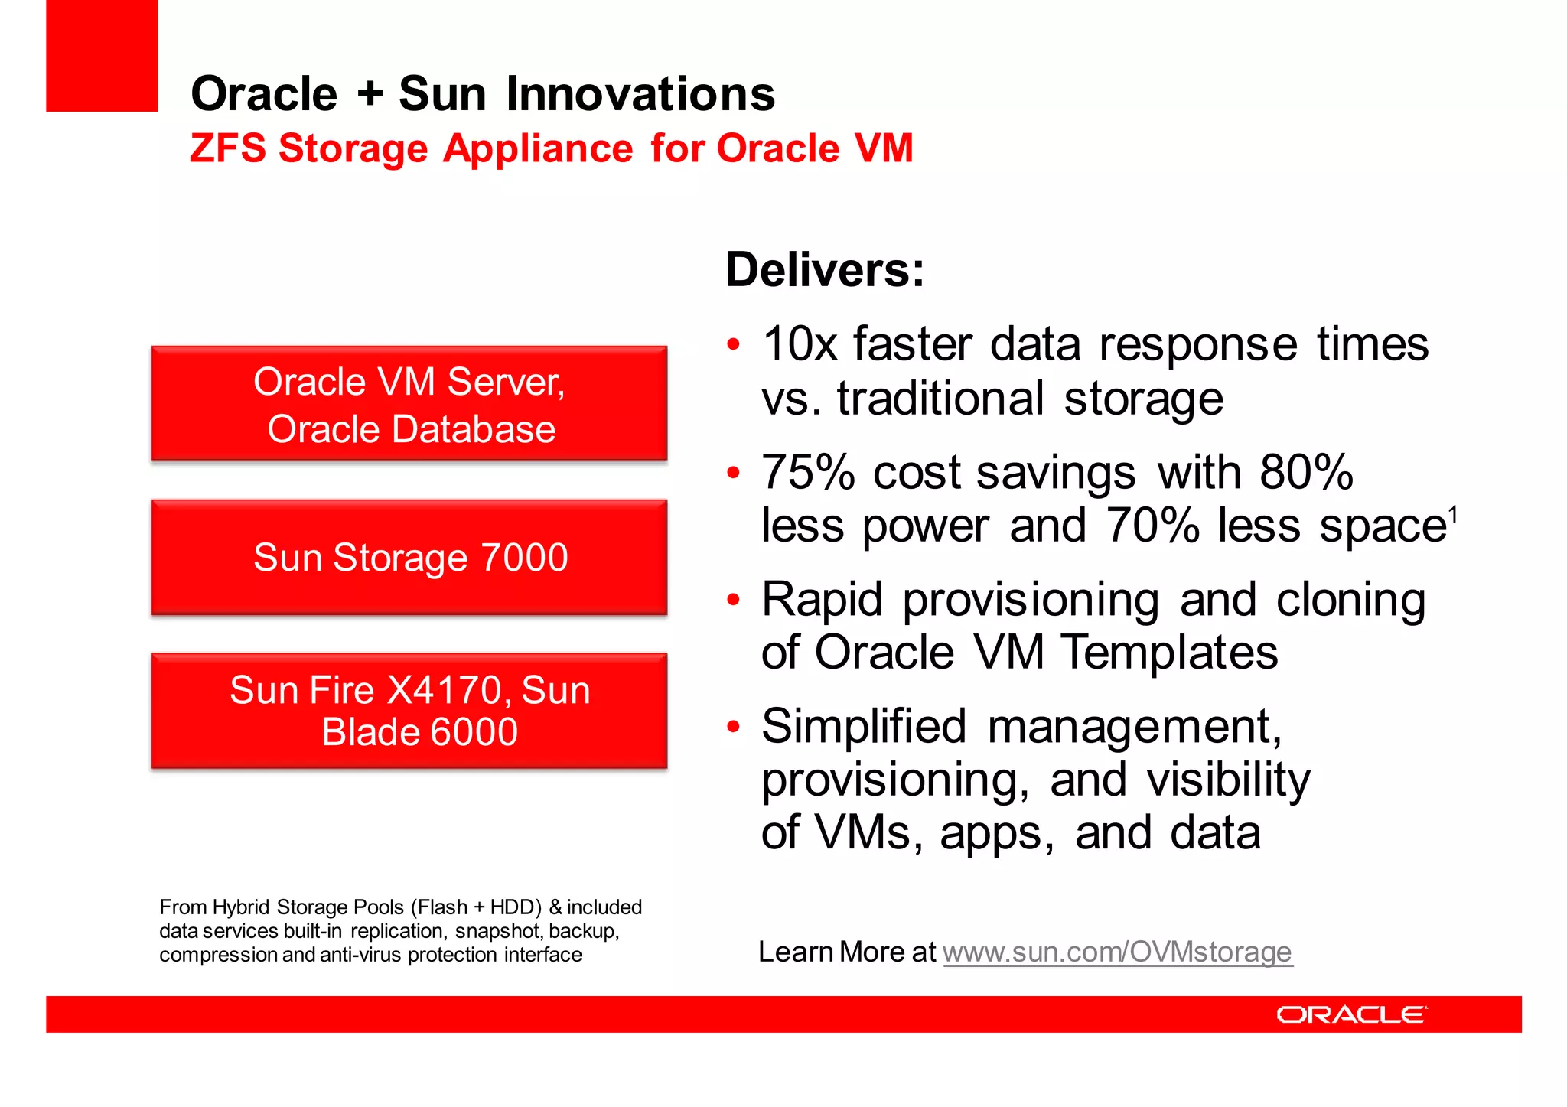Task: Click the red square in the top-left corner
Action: coord(102,55)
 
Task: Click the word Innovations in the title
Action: coord(640,94)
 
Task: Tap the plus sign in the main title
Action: coord(370,94)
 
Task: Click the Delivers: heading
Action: coord(825,270)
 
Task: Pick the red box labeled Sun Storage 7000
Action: coord(409,558)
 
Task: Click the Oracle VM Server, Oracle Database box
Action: coord(409,404)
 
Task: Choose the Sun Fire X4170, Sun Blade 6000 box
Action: coord(409,711)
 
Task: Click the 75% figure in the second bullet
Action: coord(807,472)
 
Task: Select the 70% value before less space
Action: coord(1152,526)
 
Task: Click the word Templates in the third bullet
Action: coord(1168,653)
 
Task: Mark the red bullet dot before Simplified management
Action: coord(733,726)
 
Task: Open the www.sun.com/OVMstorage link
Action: coord(1117,952)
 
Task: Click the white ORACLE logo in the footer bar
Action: coord(1351,1014)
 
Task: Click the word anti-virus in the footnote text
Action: coord(360,956)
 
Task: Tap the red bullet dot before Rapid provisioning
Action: coord(733,599)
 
